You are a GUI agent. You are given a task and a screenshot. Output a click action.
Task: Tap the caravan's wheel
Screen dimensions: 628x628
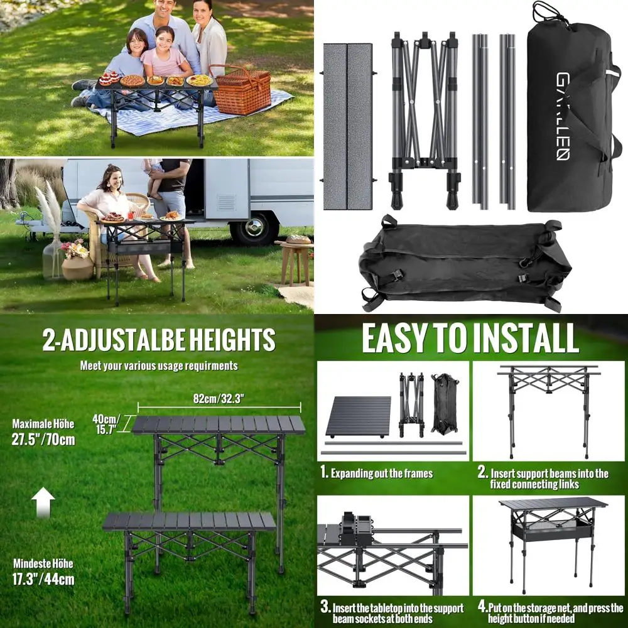pyautogui.click(x=254, y=227)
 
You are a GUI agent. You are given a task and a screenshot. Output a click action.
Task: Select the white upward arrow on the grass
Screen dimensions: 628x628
pyautogui.click(x=43, y=502)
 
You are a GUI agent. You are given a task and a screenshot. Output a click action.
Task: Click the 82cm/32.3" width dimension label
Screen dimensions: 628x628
pyautogui.click(x=219, y=398)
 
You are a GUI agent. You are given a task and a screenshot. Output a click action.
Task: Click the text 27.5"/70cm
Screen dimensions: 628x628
pyautogui.click(x=43, y=439)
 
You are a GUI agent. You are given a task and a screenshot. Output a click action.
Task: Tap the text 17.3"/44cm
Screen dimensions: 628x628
pyautogui.click(x=43, y=578)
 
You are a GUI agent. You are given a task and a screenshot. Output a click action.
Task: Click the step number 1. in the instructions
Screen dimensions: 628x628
pyautogui.click(x=325, y=473)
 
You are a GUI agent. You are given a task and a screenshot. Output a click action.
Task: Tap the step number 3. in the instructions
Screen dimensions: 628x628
pyautogui.click(x=325, y=607)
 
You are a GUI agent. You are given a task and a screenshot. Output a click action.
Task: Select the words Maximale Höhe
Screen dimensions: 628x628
pyautogui.click(x=43, y=424)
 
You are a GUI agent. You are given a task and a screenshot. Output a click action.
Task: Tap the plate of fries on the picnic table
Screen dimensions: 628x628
pyautogui.click(x=199, y=80)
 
